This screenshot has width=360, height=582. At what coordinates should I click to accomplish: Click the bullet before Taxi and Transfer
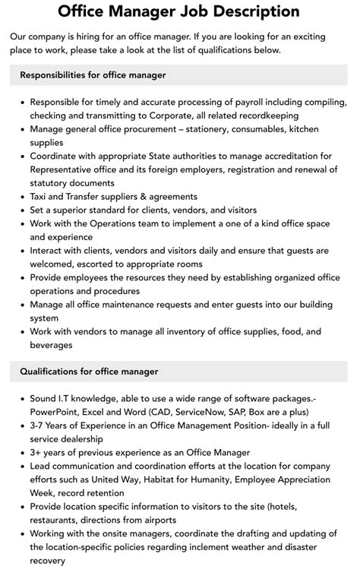pyautogui.click(x=22, y=196)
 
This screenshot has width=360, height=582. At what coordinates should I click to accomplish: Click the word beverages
pyautogui.click(x=52, y=345)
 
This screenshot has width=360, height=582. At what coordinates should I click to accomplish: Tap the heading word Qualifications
pyautogui.click(x=54, y=372)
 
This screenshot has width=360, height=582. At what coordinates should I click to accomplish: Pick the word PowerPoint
pyautogui.click(x=58, y=411)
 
